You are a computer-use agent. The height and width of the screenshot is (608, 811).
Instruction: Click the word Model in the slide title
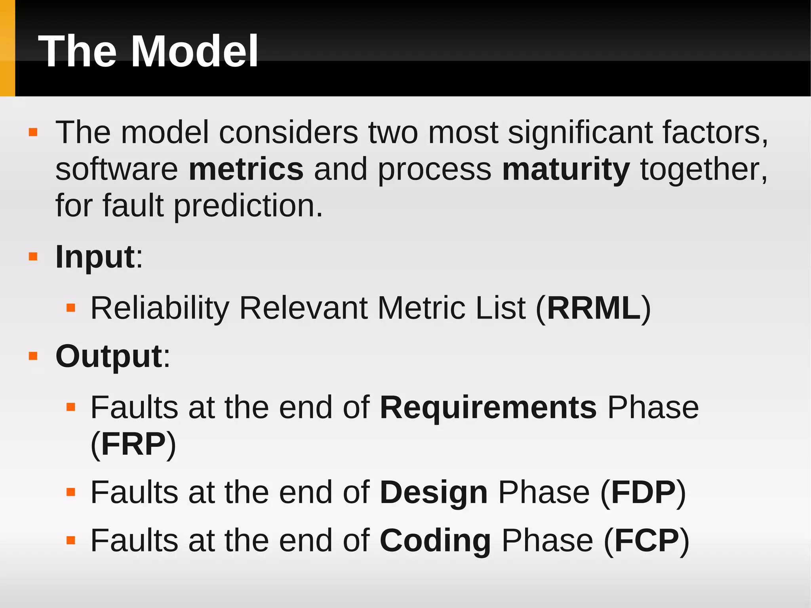point(194,51)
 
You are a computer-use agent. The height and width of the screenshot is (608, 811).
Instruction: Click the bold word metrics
point(246,169)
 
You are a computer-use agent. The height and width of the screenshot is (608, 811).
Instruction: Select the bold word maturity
point(566,169)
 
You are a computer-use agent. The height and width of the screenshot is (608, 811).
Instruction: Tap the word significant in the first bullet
point(580,132)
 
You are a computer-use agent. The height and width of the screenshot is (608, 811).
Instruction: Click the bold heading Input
point(95,257)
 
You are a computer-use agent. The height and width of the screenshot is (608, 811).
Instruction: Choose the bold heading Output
point(109,356)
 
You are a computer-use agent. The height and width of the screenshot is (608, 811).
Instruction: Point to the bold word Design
point(434,492)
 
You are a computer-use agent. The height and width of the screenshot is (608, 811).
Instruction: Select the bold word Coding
point(435,541)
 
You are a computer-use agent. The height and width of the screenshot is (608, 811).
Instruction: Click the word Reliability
point(160,308)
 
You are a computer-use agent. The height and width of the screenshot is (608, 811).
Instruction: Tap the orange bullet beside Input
point(33,257)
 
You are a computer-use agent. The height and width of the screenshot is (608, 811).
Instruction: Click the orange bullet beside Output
point(33,356)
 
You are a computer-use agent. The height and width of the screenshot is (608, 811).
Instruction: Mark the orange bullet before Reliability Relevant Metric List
point(71,308)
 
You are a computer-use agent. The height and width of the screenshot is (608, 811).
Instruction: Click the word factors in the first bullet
point(715,132)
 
